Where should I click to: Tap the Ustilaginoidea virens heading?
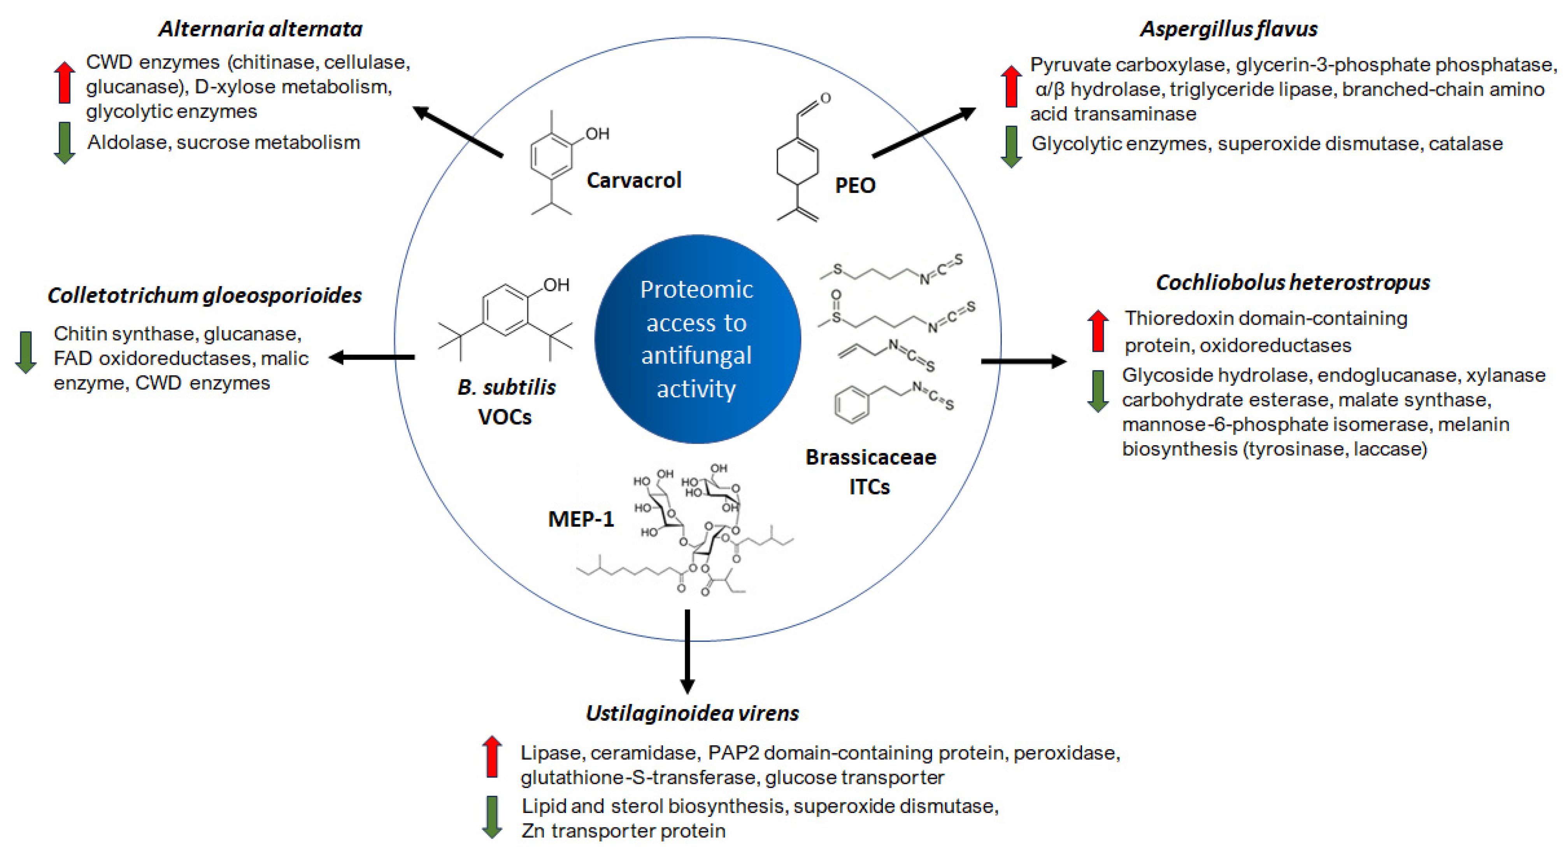click(x=692, y=713)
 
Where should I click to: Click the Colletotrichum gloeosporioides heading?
click(x=205, y=295)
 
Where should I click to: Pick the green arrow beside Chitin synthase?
click(x=26, y=353)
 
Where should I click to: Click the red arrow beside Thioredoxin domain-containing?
click(x=1098, y=330)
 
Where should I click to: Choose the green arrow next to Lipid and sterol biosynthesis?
click(x=492, y=816)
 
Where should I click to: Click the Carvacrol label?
click(x=634, y=180)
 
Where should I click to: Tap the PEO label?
click(x=854, y=185)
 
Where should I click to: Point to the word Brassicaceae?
click(x=870, y=457)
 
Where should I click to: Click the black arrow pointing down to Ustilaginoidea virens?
click(x=687, y=651)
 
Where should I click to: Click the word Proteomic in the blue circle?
click(x=696, y=290)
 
